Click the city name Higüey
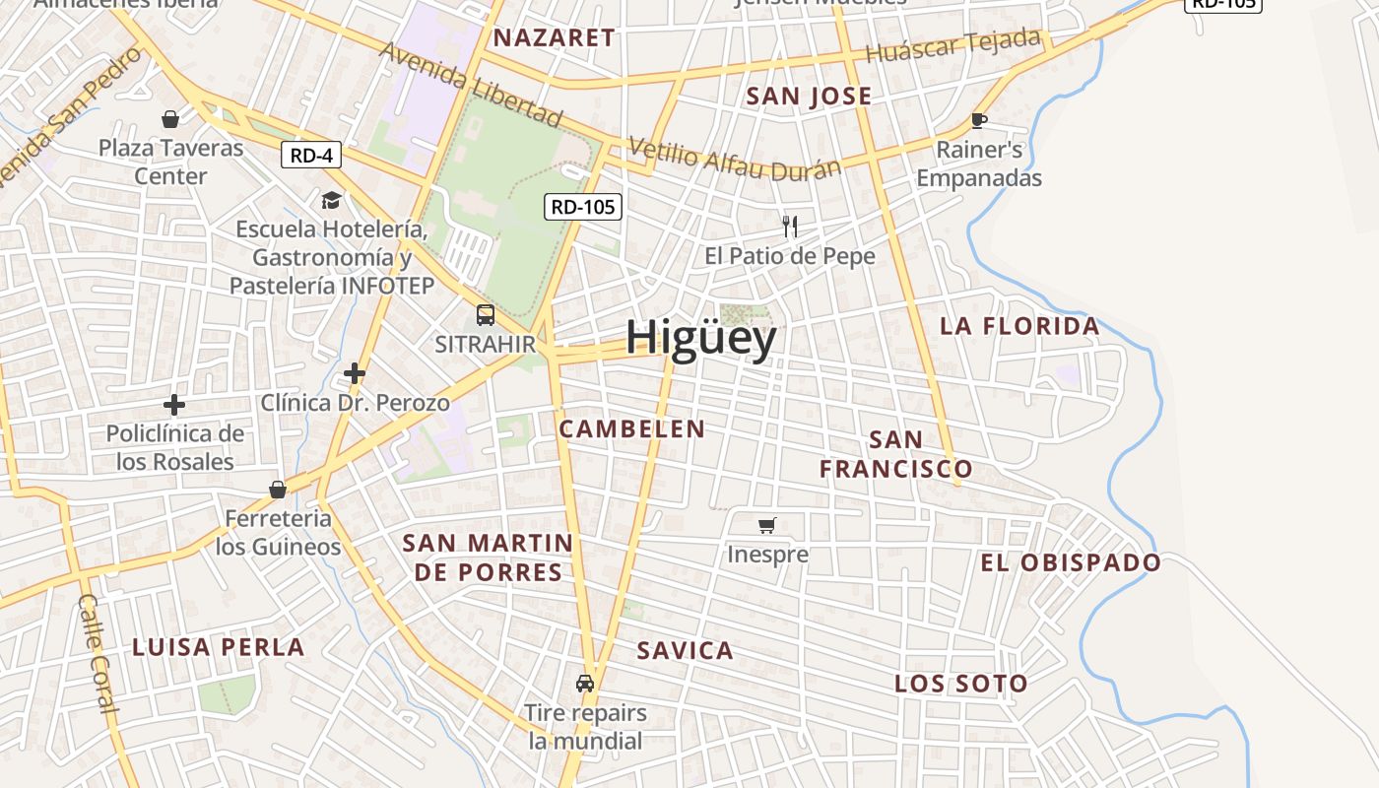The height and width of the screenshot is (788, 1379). (700, 338)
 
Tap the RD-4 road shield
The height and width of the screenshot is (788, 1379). (310, 155)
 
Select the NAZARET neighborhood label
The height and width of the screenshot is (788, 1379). (554, 38)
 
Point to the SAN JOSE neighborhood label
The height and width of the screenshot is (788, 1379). (809, 97)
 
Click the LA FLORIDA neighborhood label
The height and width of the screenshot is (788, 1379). (1019, 326)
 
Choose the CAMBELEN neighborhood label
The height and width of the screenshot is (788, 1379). (631, 428)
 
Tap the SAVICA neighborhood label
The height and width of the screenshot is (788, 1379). (685, 650)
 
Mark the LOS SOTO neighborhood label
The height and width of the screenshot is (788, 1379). (960, 684)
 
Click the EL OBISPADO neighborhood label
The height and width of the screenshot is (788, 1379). (1070, 562)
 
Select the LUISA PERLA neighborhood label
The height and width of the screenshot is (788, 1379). (218, 647)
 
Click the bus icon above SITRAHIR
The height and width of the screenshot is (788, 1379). (485, 315)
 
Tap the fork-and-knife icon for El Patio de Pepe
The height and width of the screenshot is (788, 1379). (789, 227)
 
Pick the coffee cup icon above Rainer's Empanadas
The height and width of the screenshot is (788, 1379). (978, 120)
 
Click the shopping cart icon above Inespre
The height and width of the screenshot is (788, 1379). (767, 525)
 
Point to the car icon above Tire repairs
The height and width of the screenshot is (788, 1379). (585, 683)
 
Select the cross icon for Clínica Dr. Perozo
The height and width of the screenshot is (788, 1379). (355, 373)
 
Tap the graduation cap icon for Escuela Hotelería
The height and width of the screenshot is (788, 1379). (331, 200)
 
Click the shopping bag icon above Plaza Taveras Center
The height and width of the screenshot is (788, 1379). (170, 119)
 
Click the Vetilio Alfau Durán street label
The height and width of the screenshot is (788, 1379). (734, 158)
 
